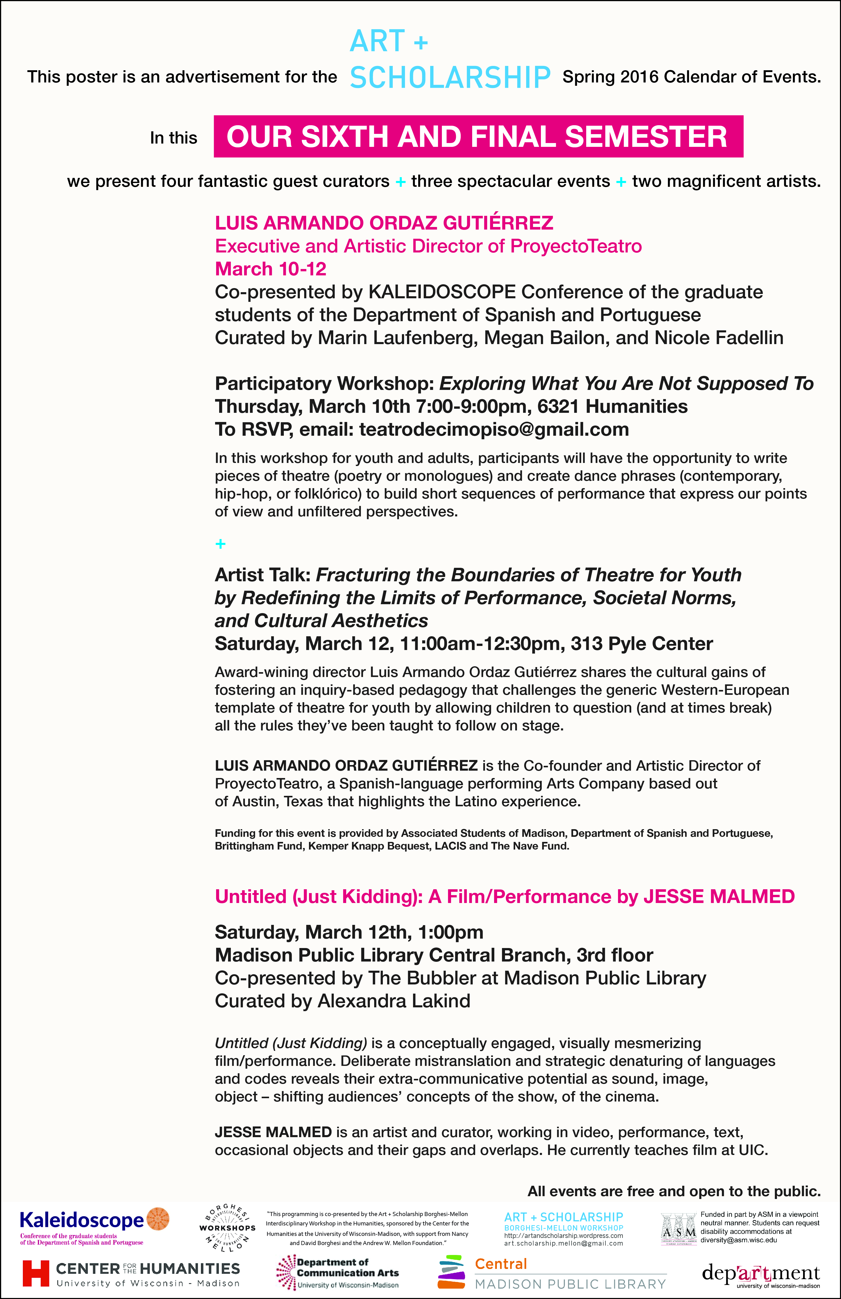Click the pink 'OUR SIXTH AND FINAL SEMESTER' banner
478,136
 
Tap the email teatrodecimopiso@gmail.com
494,430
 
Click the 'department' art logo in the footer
761,1273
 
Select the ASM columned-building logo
678,1228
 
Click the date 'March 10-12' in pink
271,269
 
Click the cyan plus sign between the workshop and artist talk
220,544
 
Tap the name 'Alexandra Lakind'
394,1001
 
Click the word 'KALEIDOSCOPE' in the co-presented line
442,292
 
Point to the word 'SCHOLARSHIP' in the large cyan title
450,77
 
